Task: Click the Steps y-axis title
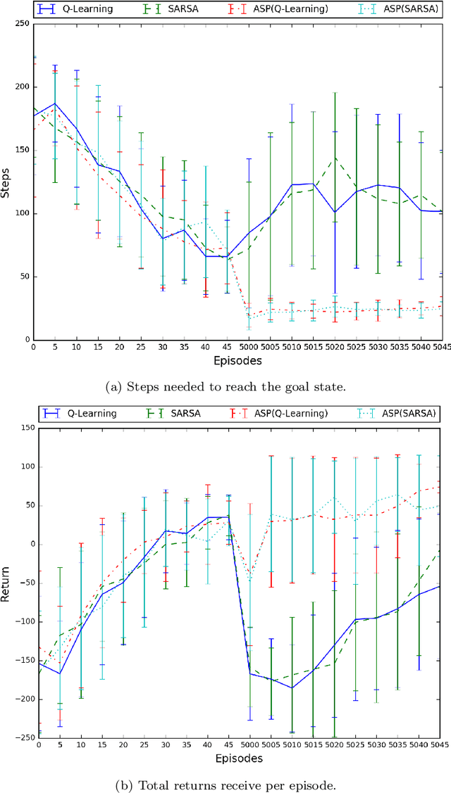point(6,182)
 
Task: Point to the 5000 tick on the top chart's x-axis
point(248,347)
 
